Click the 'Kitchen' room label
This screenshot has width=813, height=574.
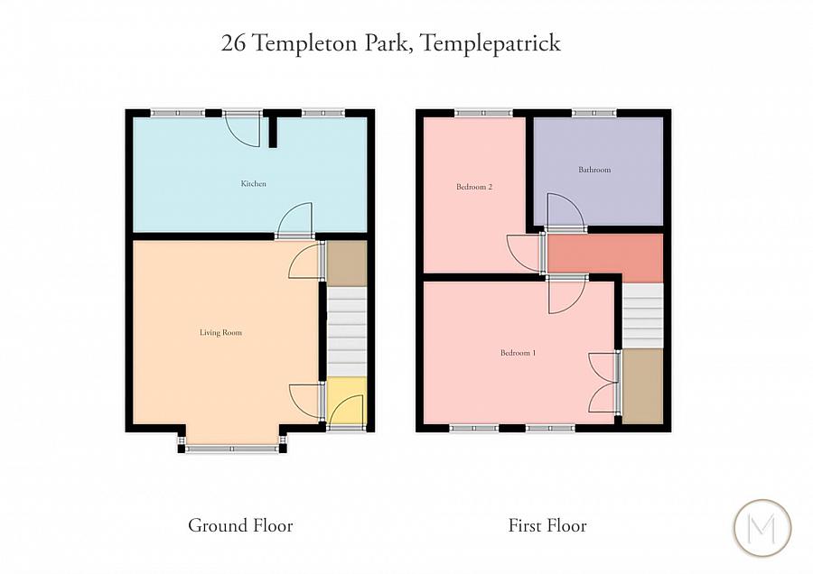(x=253, y=184)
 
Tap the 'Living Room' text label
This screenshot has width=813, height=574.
(x=220, y=333)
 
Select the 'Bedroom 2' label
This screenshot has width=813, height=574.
(x=473, y=188)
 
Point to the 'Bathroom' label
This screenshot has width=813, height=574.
(x=594, y=170)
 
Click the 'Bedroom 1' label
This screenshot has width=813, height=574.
(x=518, y=353)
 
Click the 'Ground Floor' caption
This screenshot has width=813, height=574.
(x=240, y=525)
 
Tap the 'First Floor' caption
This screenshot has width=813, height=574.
(x=547, y=525)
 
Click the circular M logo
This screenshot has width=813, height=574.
(x=761, y=528)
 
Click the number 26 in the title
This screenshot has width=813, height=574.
(x=232, y=42)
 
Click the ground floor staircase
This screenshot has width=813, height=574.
(x=346, y=330)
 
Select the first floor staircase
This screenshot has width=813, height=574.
(x=642, y=314)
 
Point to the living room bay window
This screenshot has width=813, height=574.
(x=232, y=448)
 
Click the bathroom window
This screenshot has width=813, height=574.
(x=593, y=113)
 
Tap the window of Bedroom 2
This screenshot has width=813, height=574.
(x=483, y=113)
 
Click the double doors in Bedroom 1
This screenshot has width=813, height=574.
(x=603, y=381)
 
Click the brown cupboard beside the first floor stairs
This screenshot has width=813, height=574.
(x=642, y=385)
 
